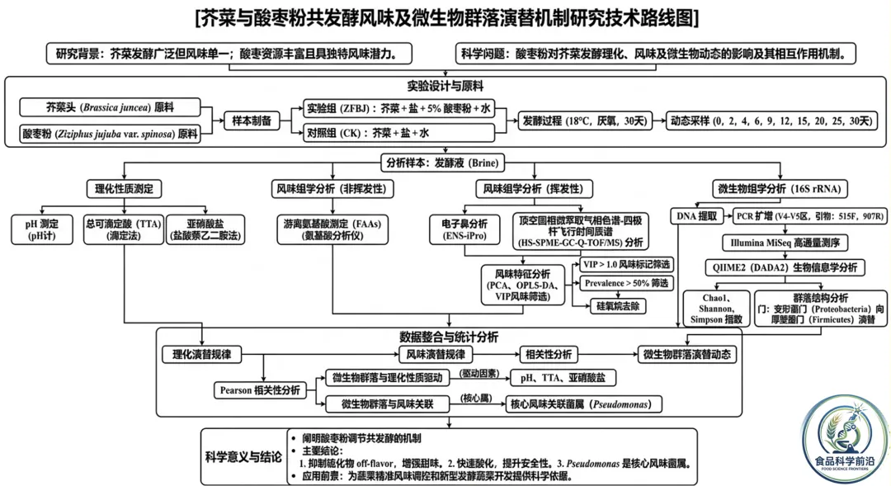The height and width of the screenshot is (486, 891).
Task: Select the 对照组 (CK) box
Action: [397, 133]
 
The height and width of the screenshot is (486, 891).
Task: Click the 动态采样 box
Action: [771, 120]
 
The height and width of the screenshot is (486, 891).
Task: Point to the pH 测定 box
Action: [44, 229]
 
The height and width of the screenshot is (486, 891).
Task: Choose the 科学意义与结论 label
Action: [243, 455]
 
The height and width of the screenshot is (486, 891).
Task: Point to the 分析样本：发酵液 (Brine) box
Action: [442, 163]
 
